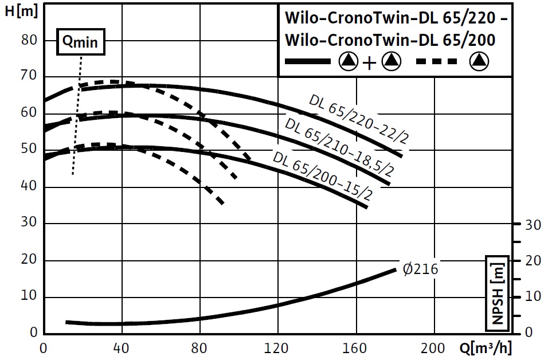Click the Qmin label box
pyautogui.click(x=81, y=41)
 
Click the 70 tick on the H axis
pyautogui.click(x=29, y=76)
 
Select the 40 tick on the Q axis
pyautogui.click(x=122, y=347)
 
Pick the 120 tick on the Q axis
pyautogui.click(x=277, y=347)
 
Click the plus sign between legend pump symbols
pyautogui.click(x=370, y=62)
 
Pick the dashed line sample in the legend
pyautogui.click(x=437, y=61)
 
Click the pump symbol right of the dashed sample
pyautogui.click(x=479, y=61)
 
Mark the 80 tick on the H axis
pyautogui.click(x=29, y=40)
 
